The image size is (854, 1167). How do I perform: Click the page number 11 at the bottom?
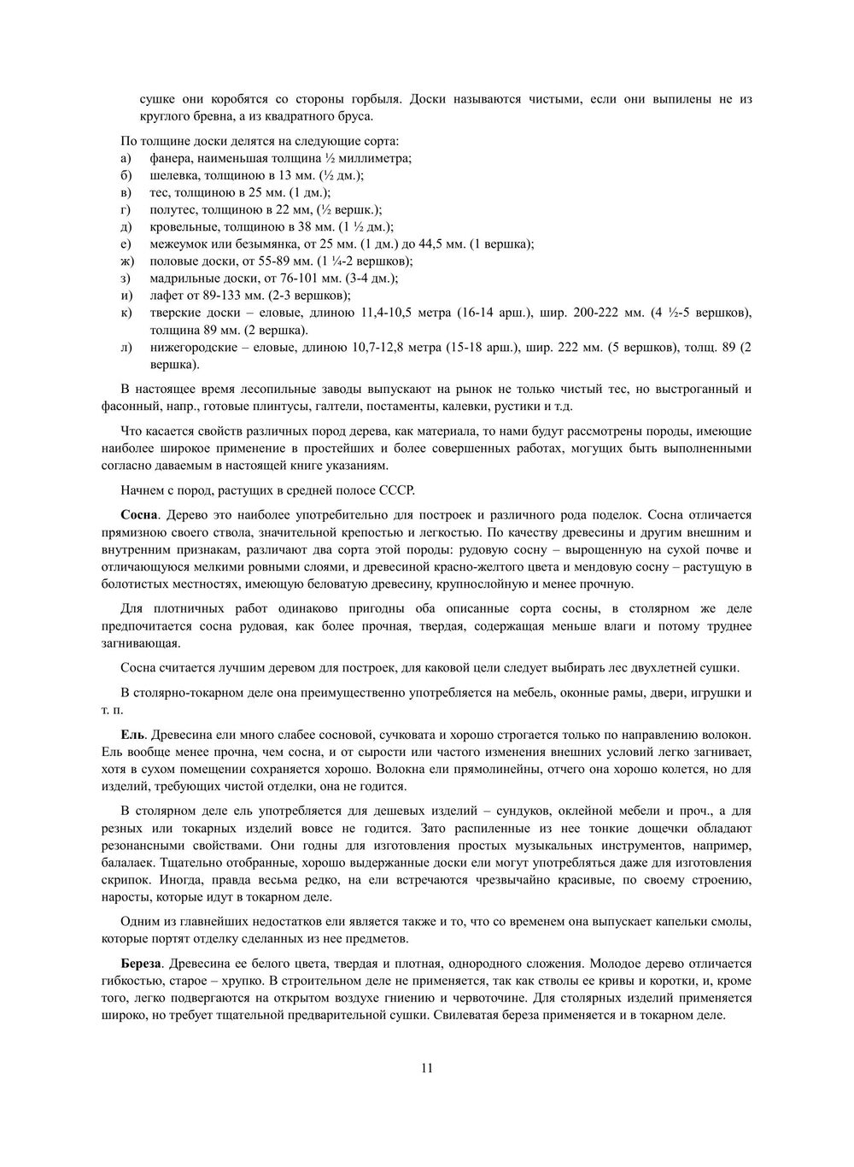tap(427, 1068)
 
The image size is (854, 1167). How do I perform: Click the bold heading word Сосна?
tap(139, 515)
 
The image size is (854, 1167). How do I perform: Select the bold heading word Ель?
tap(133, 735)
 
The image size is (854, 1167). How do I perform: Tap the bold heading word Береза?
tap(143, 963)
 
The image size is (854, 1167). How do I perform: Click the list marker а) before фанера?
tap(126, 158)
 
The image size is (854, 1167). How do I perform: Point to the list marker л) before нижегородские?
tap(126, 348)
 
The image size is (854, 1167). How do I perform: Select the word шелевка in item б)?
tap(175, 175)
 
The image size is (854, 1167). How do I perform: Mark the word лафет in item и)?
tap(166, 296)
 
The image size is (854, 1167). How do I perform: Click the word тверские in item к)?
tap(177, 313)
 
